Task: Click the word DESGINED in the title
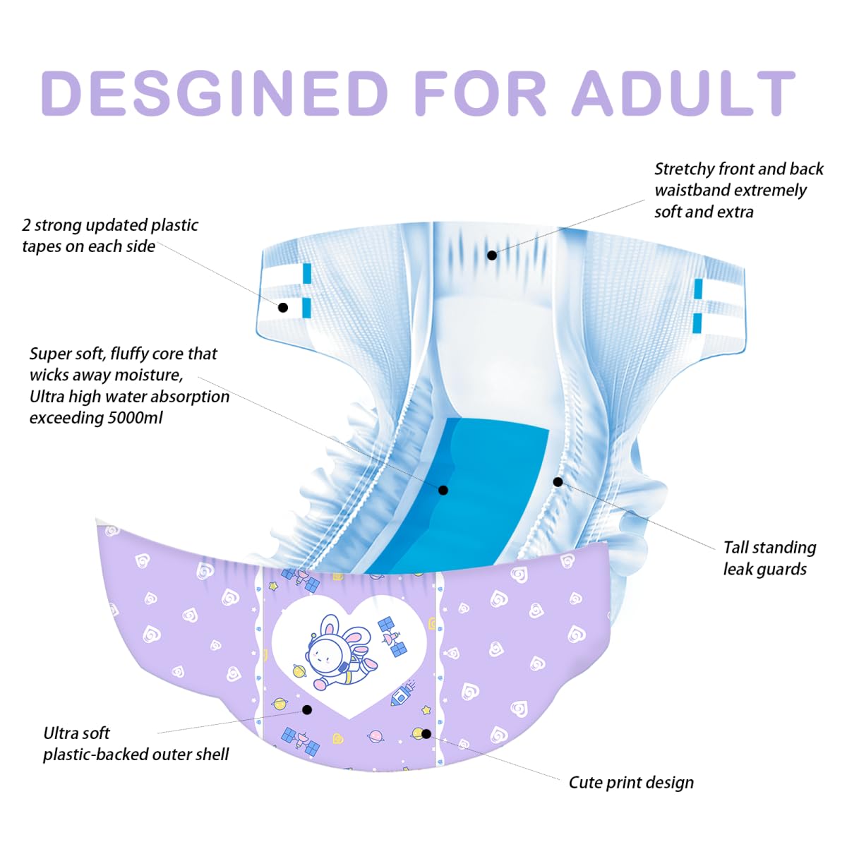215,93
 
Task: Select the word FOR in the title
480,93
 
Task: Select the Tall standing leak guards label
769,558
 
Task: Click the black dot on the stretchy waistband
492,256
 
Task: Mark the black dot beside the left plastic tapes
283,308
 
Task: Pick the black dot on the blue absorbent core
443,490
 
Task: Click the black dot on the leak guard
558,482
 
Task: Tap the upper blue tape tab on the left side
307,273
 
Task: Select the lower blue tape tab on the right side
697,323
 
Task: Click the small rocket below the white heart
402,694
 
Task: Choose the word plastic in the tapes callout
174,225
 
